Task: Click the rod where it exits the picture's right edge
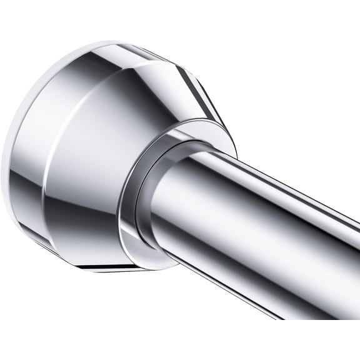[x=354, y=262]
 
